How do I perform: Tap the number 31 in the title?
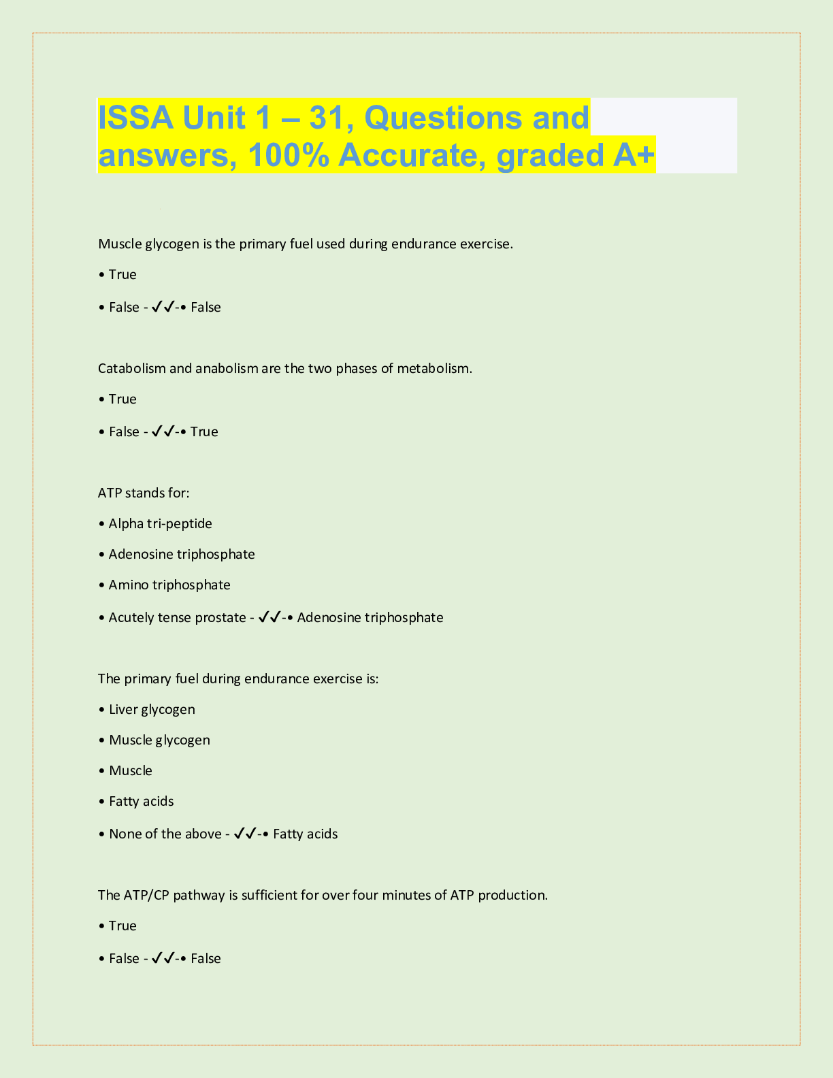(x=330, y=118)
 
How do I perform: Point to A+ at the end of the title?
(x=634, y=155)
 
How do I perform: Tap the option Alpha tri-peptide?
(x=160, y=523)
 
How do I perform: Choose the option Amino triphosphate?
(x=169, y=585)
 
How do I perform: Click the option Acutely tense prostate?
(x=178, y=617)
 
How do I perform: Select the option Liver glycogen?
(x=152, y=709)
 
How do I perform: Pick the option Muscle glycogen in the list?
(x=159, y=740)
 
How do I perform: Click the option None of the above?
(x=165, y=834)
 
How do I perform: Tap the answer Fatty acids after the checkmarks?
(x=305, y=834)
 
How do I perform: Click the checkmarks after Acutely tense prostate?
(x=270, y=617)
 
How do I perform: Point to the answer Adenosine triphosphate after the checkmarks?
(x=370, y=617)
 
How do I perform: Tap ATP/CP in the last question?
(x=146, y=895)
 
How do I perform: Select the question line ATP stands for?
(x=144, y=493)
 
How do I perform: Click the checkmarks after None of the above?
(x=244, y=834)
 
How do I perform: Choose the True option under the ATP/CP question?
(x=122, y=926)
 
